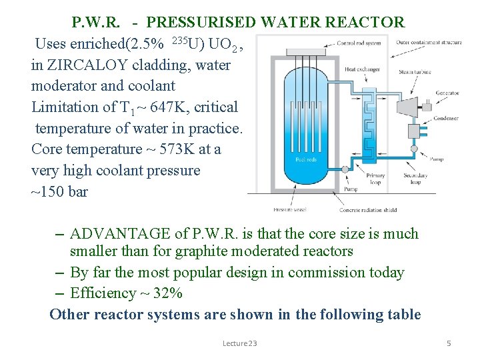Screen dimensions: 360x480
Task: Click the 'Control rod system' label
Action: click(x=359, y=43)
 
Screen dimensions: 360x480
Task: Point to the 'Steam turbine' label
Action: click(x=413, y=71)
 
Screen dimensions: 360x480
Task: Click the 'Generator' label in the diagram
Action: click(x=447, y=93)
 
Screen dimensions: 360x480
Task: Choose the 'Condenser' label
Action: click(x=447, y=118)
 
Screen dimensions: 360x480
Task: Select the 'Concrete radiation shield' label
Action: click(x=368, y=210)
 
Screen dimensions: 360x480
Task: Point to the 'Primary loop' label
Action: click(x=376, y=179)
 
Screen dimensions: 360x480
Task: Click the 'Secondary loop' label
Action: click(x=415, y=179)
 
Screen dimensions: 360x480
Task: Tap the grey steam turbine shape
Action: click(x=405, y=107)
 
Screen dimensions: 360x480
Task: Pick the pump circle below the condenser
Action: click(x=414, y=149)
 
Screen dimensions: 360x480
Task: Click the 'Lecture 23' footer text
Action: click(x=239, y=343)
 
